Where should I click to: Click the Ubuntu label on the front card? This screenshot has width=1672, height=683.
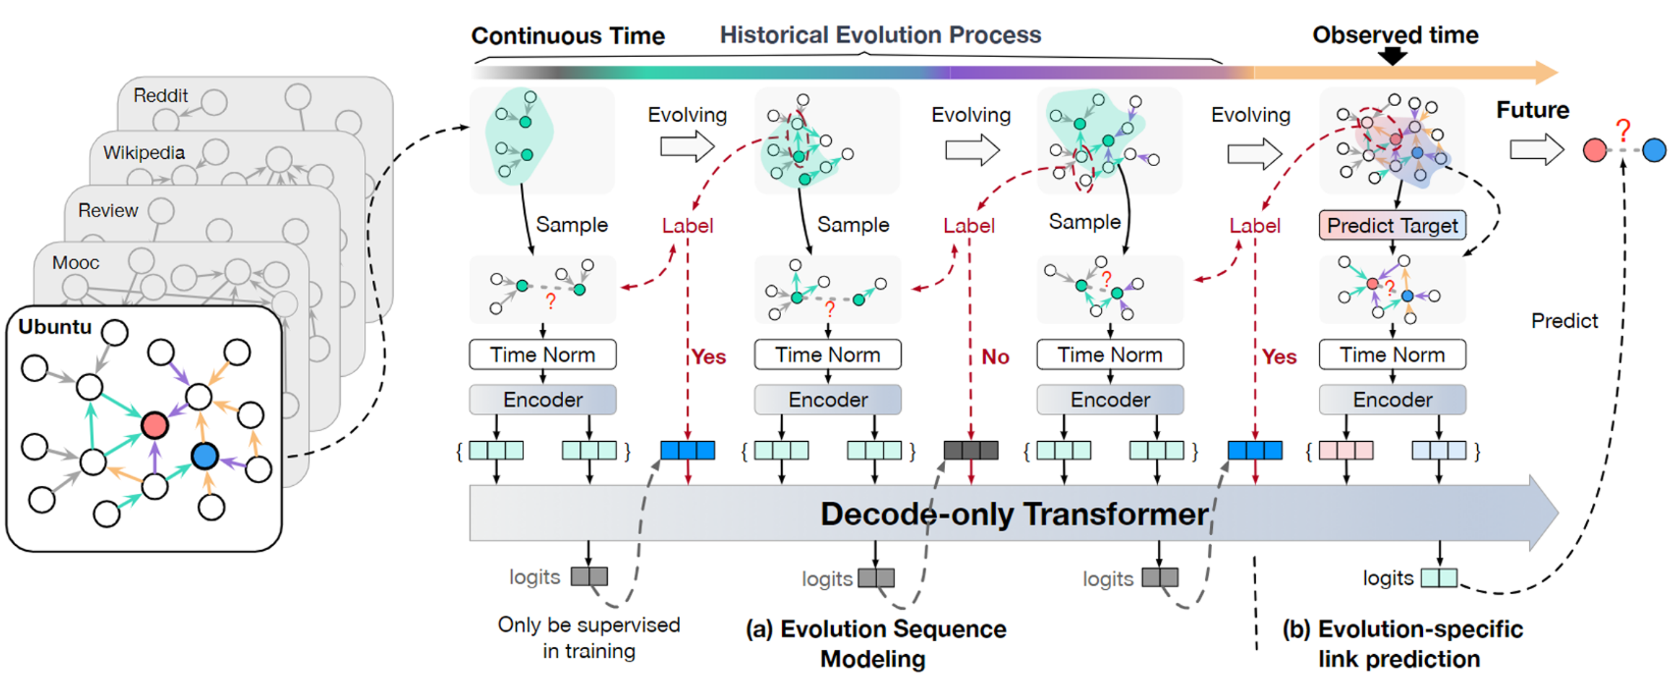coord(55,327)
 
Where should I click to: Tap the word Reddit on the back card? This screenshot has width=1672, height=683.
coord(160,95)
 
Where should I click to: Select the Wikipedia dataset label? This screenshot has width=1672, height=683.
coord(144,152)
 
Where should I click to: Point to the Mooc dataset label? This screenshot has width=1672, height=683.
coord(75,263)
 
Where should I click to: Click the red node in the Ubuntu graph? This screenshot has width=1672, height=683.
coord(154,425)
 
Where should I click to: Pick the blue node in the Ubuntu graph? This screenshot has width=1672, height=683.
coord(205,456)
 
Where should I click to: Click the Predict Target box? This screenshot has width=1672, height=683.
coord(1392,225)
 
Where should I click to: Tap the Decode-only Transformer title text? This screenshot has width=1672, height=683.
coord(1014,514)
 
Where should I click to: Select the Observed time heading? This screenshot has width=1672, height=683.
coord(1395,35)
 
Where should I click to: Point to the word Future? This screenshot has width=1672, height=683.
coord(1532,110)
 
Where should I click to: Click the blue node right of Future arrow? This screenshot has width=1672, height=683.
coord(1654,150)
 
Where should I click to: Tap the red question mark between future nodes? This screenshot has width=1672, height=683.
coord(1624,131)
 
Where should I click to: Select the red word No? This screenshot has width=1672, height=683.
coord(995,357)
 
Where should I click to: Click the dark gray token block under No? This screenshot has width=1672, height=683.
coord(971,451)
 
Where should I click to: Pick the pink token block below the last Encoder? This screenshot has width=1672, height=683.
coord(1346,451)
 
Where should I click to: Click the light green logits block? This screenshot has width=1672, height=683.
coord(1439,578)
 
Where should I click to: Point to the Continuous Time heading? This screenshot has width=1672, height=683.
coord(567,35)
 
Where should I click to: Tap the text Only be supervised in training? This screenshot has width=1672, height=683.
coord(588,638)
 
